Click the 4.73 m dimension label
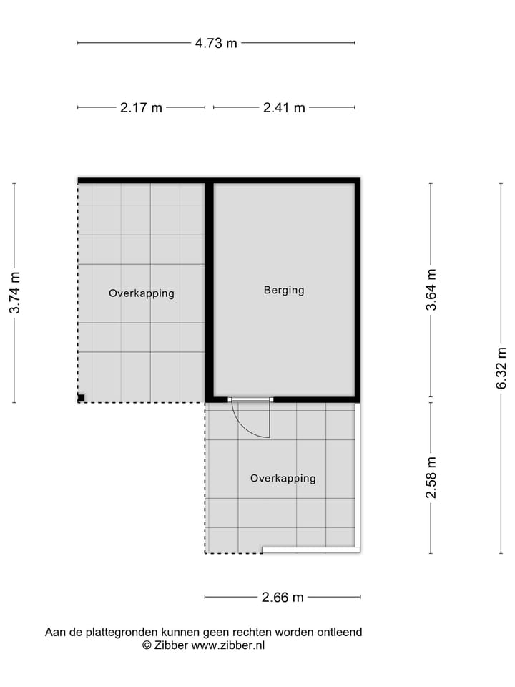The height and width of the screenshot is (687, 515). (216, 43)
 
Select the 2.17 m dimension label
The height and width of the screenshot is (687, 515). (141, 108)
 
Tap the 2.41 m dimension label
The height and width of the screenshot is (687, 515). (284, 108)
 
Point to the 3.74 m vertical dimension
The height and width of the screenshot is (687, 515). (14, 292)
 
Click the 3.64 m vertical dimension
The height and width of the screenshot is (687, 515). (431, 290)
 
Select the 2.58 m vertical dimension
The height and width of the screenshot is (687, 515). (431, 478)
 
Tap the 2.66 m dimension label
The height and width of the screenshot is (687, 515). (283, 598)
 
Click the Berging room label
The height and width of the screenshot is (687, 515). (284, 290)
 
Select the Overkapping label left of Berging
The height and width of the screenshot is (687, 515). (141, 293)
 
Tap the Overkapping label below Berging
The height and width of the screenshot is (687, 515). (283, 478)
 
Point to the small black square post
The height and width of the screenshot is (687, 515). (82, 398)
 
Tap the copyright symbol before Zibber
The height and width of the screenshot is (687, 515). (147, 645)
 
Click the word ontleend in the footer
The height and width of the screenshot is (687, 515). (340, 633)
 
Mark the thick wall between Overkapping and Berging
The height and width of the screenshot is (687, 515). (209, 290)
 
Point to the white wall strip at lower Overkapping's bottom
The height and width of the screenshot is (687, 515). (310, 550)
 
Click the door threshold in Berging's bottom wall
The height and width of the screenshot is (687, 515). (250, 399)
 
